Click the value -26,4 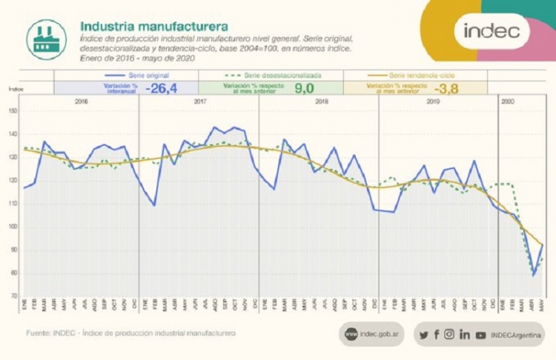click(163, 88)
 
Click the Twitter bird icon click(423, 335)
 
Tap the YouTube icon click(481, 335)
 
